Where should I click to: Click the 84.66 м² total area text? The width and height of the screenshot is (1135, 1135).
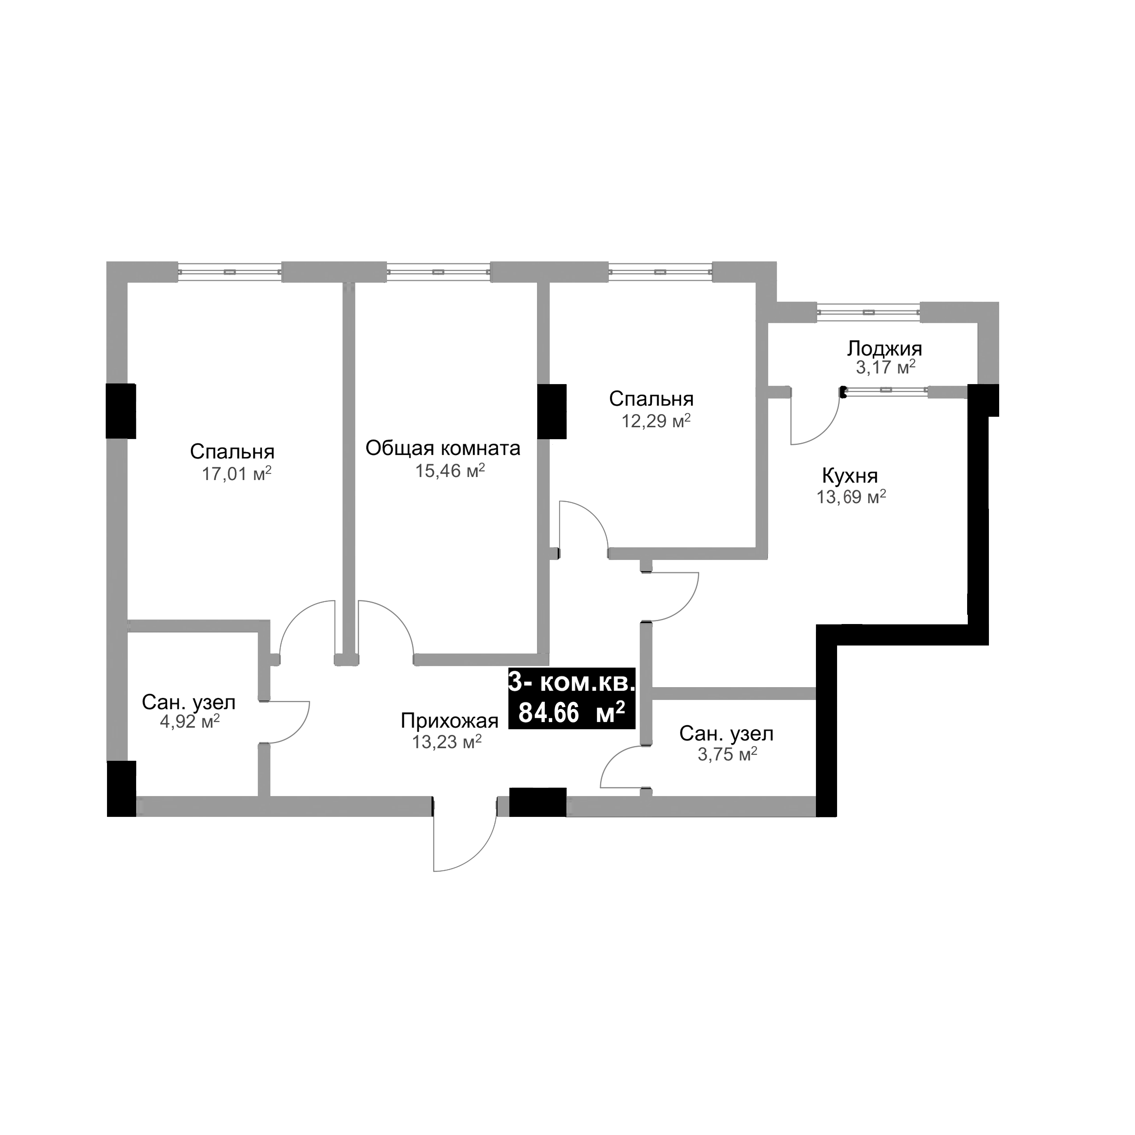(571, 713)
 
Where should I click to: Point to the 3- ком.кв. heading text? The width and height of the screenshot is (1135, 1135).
(571, 683)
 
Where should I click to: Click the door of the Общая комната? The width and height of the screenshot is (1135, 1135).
(385, 629)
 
